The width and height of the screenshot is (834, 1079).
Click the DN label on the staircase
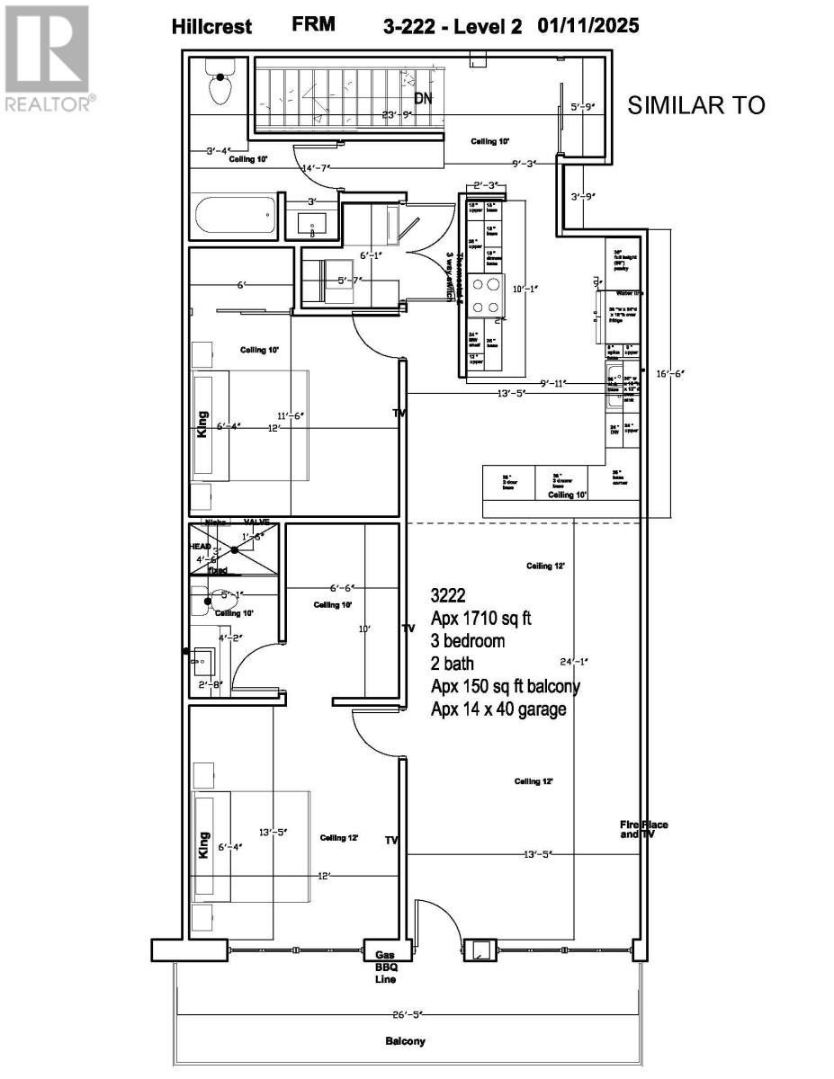click(x=423, y=98)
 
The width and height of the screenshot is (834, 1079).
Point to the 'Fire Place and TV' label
click(x=643, y=829)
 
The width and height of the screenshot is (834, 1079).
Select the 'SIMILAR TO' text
click(x=695, y=105)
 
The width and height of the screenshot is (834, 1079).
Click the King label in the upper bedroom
click(x=203, y=424)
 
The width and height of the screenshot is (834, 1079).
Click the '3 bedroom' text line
click(x=469, y=642)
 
